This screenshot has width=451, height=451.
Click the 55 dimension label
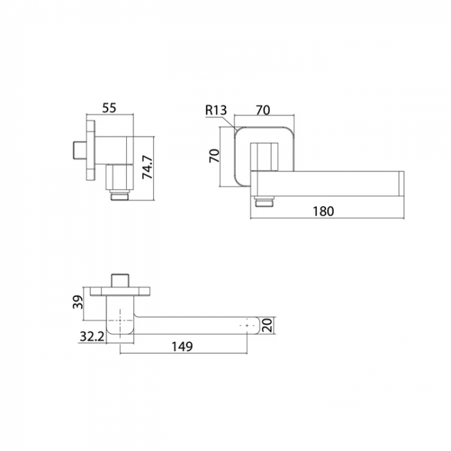coord(110,108)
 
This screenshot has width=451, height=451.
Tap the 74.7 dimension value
coord(148,167)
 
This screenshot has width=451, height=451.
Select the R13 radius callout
coord(216,110)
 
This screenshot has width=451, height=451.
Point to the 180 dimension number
coord(323,211)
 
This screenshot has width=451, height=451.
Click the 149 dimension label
coord(182,347)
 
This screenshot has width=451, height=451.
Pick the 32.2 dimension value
coord(92,337)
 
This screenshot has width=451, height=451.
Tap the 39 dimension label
coord(78,302)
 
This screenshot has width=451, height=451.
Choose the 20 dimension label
coord(268,325)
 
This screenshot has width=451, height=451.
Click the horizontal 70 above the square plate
coord(263,110)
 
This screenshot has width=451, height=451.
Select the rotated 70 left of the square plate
coord(214,155)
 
